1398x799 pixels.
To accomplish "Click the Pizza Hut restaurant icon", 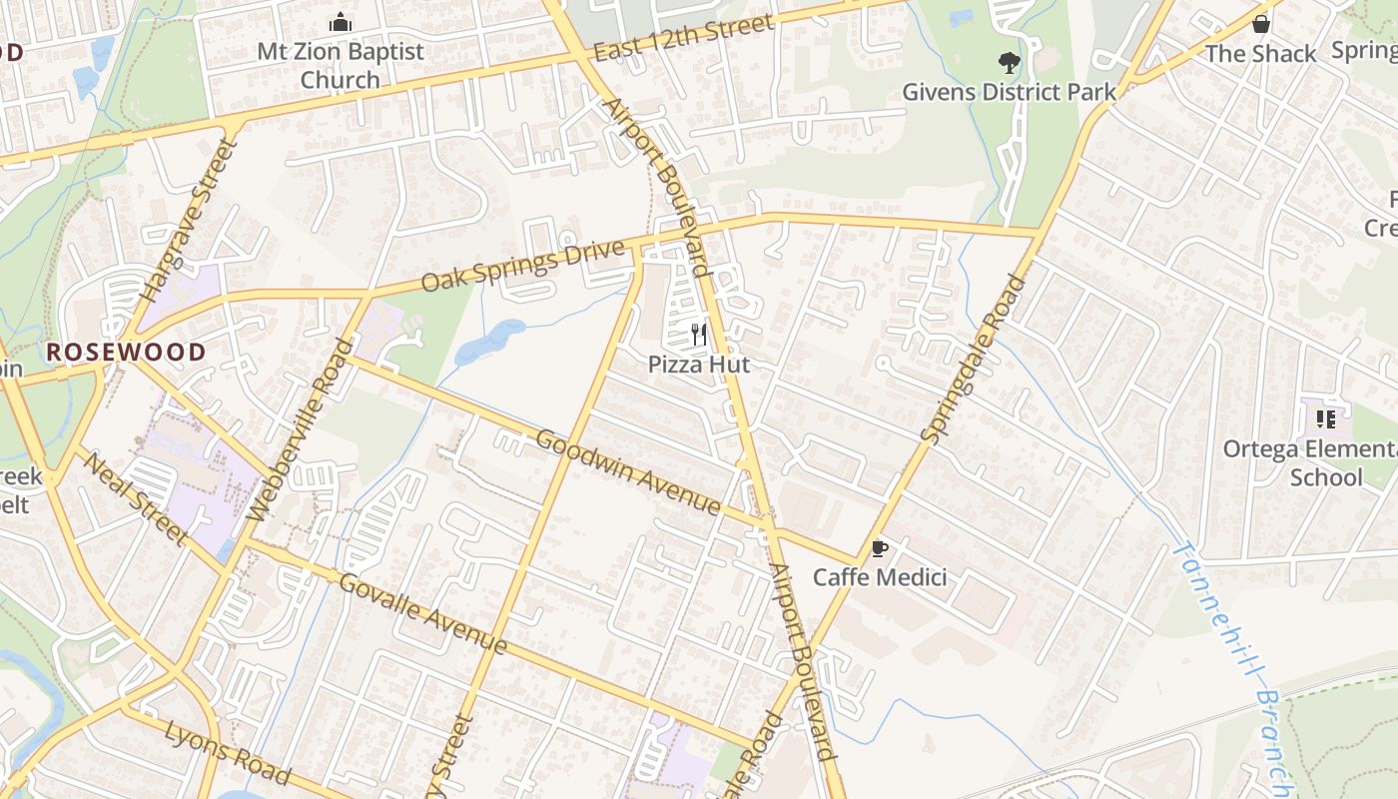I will tap(699, 335).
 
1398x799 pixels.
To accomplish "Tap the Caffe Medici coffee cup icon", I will tap(879, 548).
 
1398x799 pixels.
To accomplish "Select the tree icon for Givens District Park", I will tap(1009, 63).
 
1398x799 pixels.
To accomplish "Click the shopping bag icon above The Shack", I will tap(1261, 24).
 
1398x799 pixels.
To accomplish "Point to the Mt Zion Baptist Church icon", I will tap(341, 22).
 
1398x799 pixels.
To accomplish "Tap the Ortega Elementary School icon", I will tap(1326, 418).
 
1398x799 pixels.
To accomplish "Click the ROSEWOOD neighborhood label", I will tap(126, 352).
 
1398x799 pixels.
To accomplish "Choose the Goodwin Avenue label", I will tap(628, 471).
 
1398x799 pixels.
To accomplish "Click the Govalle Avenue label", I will tap(423, 613).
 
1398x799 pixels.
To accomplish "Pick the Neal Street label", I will tap(134, 498).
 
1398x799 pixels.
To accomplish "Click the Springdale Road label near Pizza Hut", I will tap(973, 359).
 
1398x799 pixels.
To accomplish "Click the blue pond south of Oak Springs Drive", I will tap(489, 342).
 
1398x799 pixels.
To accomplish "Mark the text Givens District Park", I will tap(1009, 92).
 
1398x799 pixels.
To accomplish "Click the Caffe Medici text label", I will tap(879, 577).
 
